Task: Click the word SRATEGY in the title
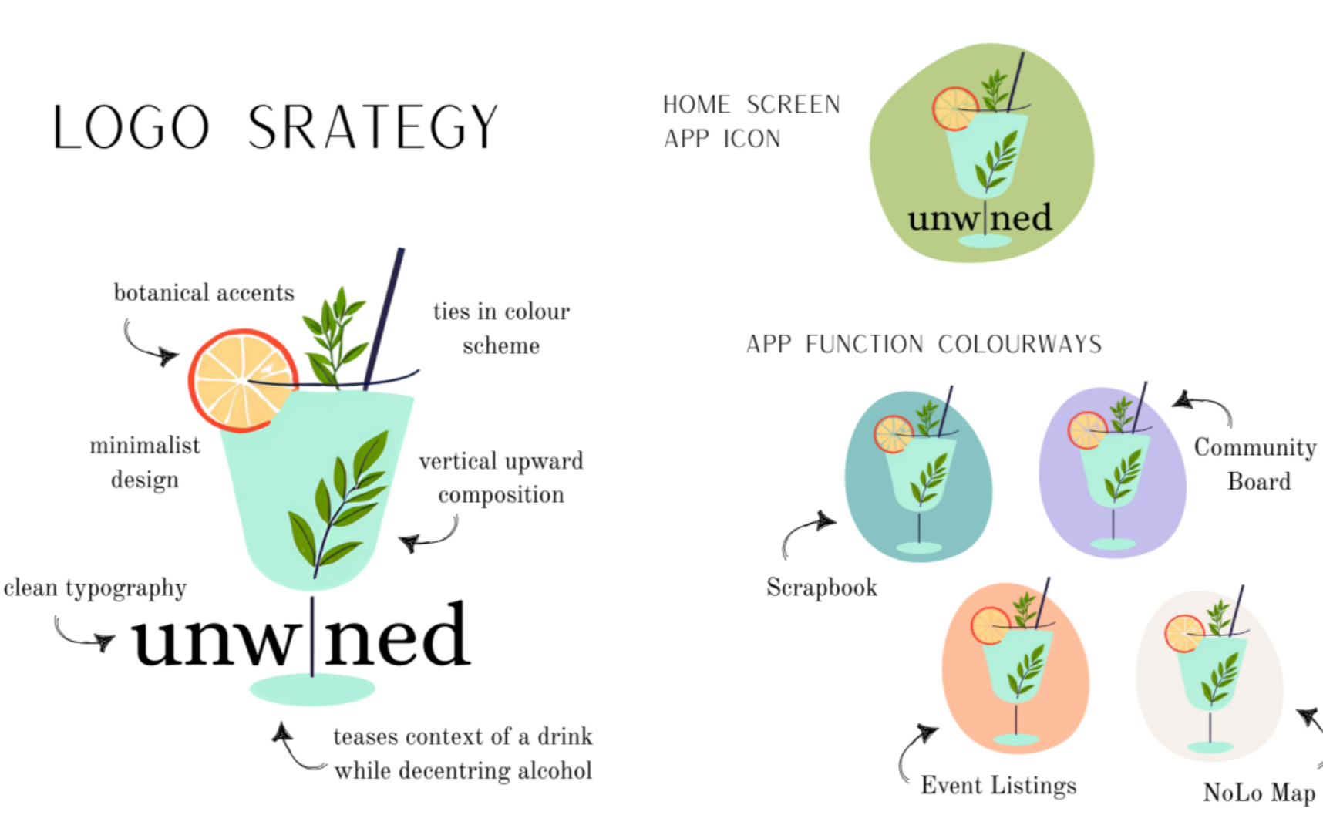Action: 372,127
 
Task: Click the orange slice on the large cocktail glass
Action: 241,379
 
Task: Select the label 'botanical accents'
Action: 204,293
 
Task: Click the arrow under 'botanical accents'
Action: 149,345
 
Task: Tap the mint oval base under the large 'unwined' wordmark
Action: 312,689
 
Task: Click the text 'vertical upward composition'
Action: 501,477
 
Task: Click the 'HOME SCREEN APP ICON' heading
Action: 751,121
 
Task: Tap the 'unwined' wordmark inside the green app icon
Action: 979,218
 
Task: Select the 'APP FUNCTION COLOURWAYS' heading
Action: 924,344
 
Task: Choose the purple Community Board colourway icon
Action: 1112,472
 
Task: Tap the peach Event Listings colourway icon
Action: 1015,668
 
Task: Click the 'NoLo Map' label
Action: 1259,793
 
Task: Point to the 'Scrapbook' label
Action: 822,588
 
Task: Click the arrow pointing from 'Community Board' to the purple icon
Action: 1203,406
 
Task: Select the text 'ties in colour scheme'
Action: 501,328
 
